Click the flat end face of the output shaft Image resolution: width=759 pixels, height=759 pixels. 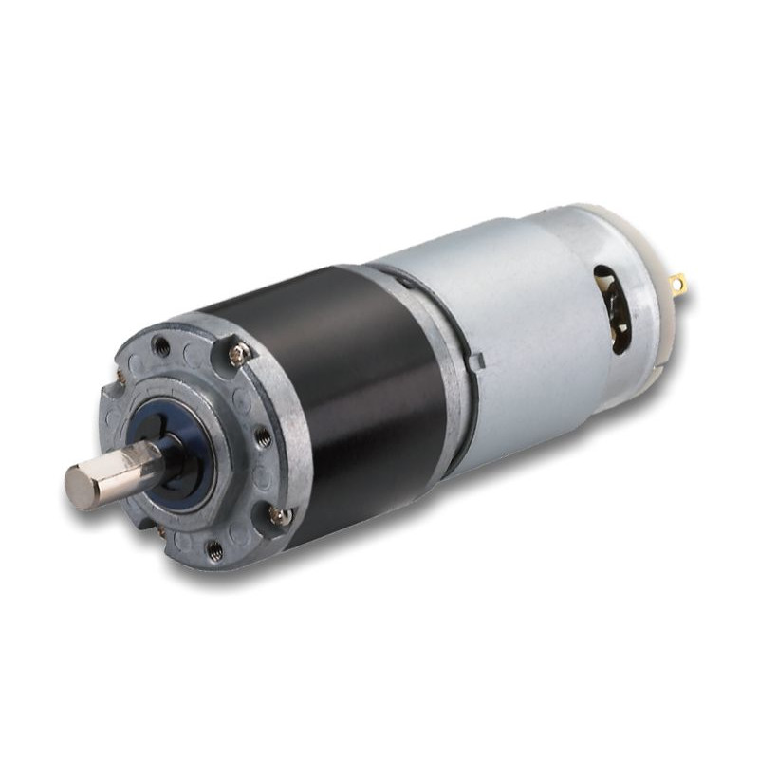[x=81, y=487]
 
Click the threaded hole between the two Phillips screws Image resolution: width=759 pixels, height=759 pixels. [x=263, y=437]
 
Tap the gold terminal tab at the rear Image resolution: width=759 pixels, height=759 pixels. [x=676, y=282]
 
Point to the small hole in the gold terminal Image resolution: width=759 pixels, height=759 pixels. [x=677, y=281]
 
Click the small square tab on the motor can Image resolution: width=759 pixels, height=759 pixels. [x=477, y=361]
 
